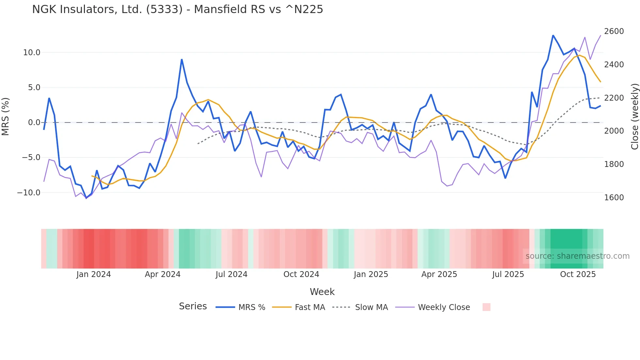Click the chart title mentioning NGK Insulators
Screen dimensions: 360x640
tap(177, 9)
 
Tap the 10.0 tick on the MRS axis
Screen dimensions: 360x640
tap(31, 53)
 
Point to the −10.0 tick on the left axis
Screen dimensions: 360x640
tap(29, 193)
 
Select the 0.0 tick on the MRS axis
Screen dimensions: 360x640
tap(34, 123)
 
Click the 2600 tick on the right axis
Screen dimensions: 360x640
tap(614, 31)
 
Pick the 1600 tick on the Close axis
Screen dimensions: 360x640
tap(614, 198)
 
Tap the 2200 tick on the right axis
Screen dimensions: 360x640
tap(614, 98)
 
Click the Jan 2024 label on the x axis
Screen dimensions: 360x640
tap(93, 274)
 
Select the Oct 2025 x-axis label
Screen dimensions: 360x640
tap(578, 274)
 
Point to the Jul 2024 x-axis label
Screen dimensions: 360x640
tap(231, 274)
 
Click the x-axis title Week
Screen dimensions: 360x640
tap(322, 292)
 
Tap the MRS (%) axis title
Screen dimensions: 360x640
tap(6, 116)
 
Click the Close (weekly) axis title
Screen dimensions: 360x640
tap(634, 116)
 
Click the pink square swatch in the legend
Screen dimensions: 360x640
tap(486, 307)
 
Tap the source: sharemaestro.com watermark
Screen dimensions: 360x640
tap(577, 256)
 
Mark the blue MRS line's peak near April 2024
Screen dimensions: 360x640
tap(182, 59)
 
